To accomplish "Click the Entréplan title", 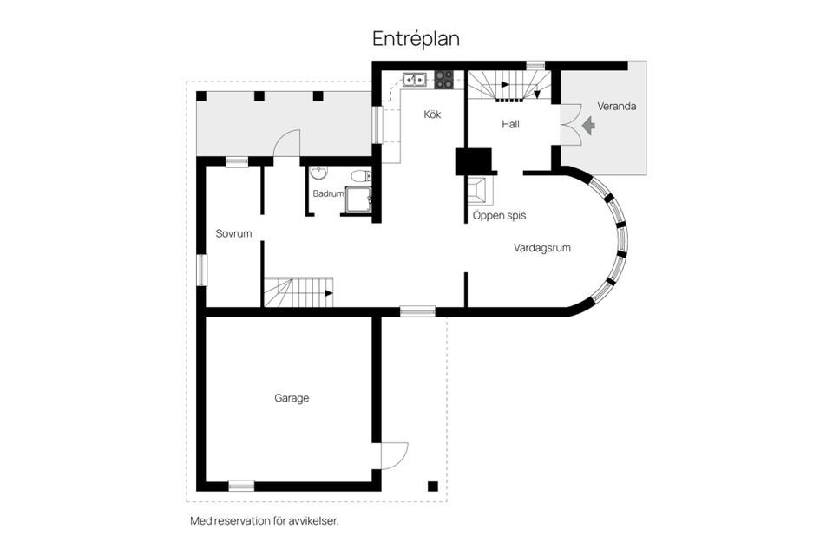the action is coord(416,39).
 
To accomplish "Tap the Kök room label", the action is coord(432,114).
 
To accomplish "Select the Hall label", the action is coord(510,124).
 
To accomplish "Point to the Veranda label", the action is coord(616,106).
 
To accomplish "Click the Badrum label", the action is coord(328,194).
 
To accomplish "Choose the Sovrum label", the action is coord(233,233).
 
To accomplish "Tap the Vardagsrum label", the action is coord(541,248).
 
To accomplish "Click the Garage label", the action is coord(292,398).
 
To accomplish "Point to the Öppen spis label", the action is coord(500,216).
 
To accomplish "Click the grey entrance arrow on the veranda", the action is coord(588,126).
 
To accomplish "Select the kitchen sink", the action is coord(415,80).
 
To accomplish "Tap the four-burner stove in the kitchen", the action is coord(444,80).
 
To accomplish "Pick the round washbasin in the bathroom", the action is coord(318,173).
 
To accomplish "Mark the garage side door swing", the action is coord(394,455).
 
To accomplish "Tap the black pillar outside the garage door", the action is coord(433,486).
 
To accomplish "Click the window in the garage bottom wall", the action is coord(241,486).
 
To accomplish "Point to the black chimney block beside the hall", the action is coord(474,161).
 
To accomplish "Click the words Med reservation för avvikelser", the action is coord(264,521).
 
